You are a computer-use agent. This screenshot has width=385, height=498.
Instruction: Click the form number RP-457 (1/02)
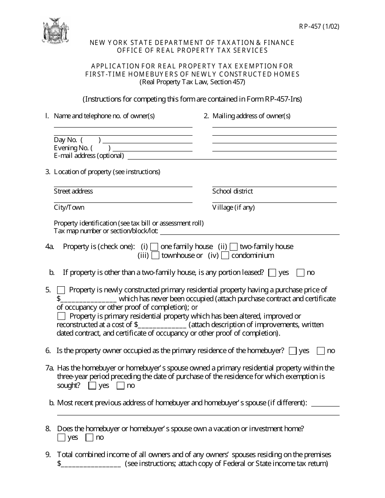[317, 27]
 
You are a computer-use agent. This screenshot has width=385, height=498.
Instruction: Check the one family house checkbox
[154, 247]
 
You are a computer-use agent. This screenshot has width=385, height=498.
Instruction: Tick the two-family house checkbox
[233, 247]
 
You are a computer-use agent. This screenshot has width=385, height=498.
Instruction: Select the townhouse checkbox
[155, 255]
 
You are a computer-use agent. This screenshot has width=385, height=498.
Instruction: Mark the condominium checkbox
[225, 255]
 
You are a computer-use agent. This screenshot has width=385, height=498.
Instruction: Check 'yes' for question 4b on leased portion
[272, 273]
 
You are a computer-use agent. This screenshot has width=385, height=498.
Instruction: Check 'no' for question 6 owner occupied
[321, 351]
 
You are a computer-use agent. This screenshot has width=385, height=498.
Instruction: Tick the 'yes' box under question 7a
[92, 386]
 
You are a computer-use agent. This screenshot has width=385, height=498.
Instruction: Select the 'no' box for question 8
[90, 438]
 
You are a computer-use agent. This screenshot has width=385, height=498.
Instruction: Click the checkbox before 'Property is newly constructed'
[61, 290]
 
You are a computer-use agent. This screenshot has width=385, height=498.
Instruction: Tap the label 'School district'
[232, 191]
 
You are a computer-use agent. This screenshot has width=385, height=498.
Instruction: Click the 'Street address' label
[73, 191]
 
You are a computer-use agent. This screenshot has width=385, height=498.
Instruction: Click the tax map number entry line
[250, 233]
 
